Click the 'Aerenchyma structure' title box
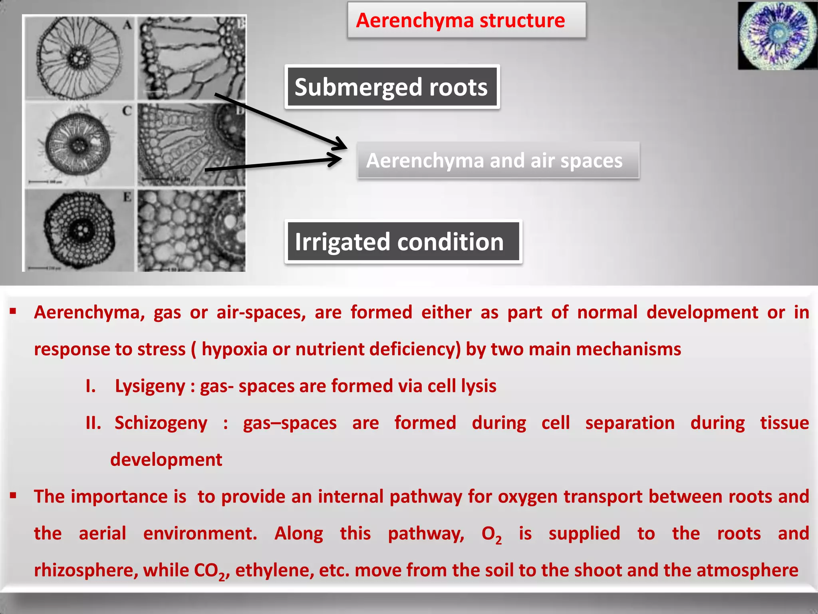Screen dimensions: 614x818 466,20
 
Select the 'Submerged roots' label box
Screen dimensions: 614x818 392,87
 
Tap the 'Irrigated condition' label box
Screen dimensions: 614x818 403,242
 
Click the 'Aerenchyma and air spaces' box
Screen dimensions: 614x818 498,160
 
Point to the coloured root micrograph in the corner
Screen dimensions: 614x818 777,36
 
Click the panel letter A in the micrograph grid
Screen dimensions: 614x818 127,25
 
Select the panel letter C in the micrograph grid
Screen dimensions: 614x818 127,111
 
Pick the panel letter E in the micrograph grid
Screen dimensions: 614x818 127,197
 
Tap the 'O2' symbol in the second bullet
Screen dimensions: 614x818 491,534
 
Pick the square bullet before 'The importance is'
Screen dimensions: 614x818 13,496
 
